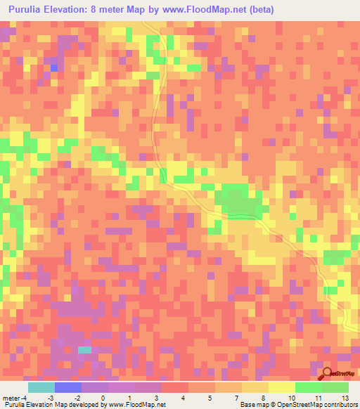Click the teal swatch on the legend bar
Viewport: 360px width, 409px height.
click(41, 387)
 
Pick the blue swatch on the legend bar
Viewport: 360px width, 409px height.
click(67, 387)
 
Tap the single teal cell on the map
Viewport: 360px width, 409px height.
click(84, 349)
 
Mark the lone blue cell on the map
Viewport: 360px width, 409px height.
click(53, 67)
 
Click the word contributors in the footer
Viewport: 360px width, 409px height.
click(340, 404)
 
